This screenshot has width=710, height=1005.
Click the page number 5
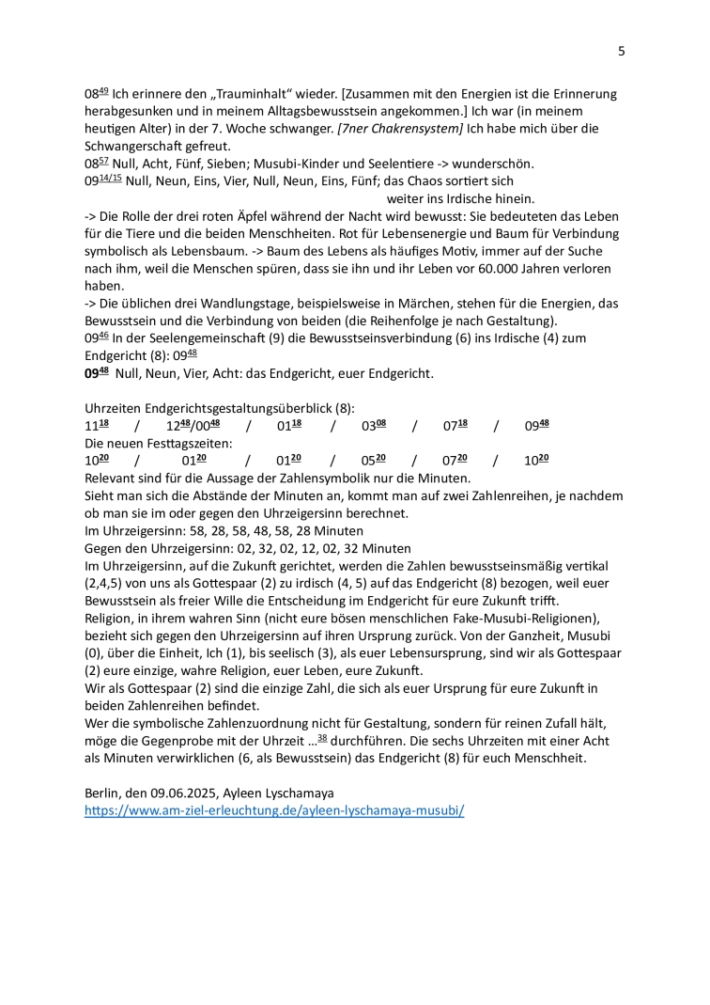pyautogui.click(x=621, y=51)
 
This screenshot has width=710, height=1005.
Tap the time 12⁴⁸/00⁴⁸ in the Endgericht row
pyautogui.click(x=193, y=426)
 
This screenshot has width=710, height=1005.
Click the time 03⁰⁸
pyautogui.click(x=374, y=426)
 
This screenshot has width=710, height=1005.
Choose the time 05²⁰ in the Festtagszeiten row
pyautogui.click(x=374, y=461)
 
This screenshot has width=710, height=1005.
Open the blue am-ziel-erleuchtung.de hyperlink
pyautogui.click(x=274, y=809)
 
